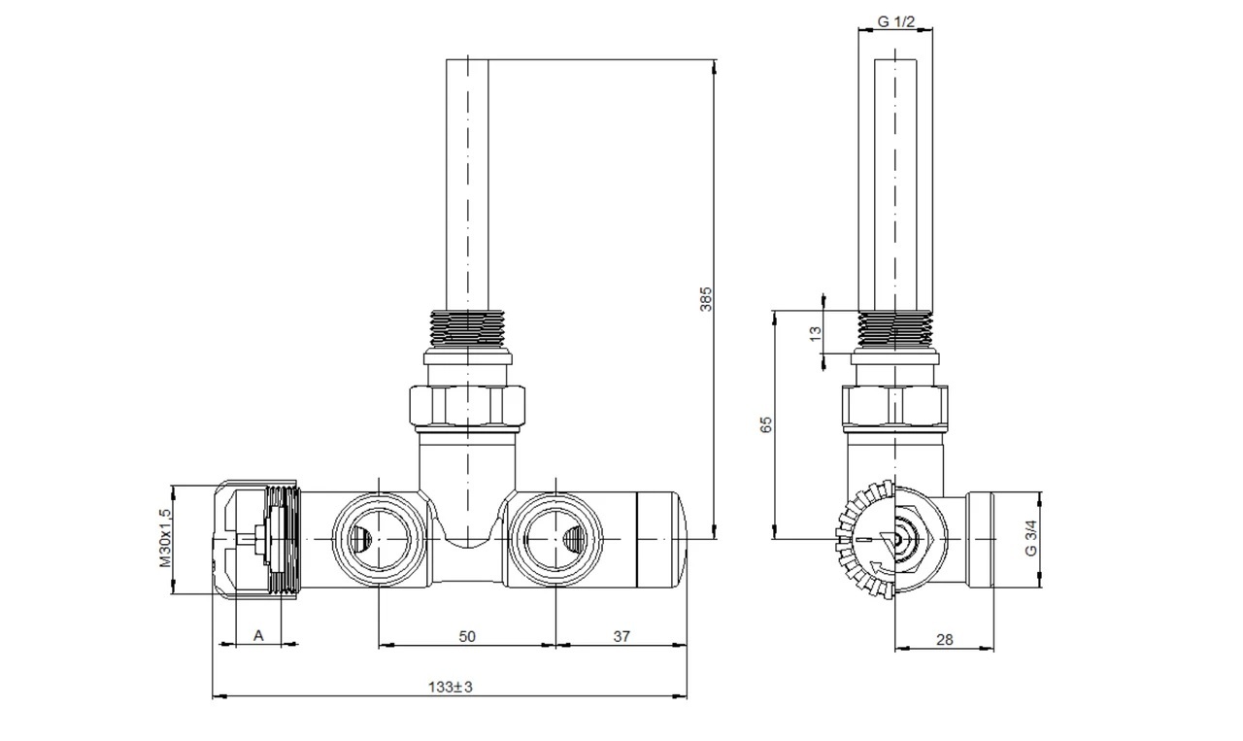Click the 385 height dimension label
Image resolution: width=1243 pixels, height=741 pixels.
705,298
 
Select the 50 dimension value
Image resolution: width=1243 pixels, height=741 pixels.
467,637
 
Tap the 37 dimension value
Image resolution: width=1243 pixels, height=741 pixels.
621,637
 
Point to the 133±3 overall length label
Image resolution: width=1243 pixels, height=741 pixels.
450,688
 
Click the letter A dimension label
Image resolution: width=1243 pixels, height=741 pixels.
258,636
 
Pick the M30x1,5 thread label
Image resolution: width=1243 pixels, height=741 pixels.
166,538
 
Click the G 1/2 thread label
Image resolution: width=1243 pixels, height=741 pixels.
896,21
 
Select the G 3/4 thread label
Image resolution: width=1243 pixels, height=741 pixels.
1030,538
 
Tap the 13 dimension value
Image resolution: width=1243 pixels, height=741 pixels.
815,333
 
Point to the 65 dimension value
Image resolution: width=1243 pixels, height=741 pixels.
766,424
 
